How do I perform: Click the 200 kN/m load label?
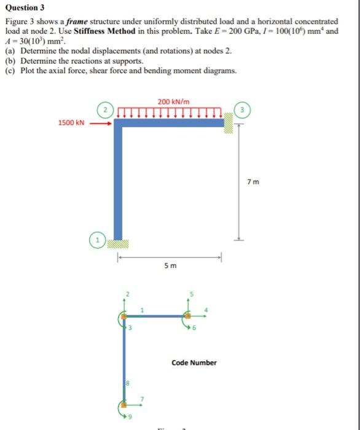[x=173, y=101]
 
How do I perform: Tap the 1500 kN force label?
[x=71, y=123]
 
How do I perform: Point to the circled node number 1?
[x=98, y=238]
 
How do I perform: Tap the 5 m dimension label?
[x=170, y=265]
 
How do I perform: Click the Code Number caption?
[x=194, y=362]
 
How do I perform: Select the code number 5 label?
[x=191, y=294]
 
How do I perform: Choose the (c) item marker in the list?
[x=10, y=71]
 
